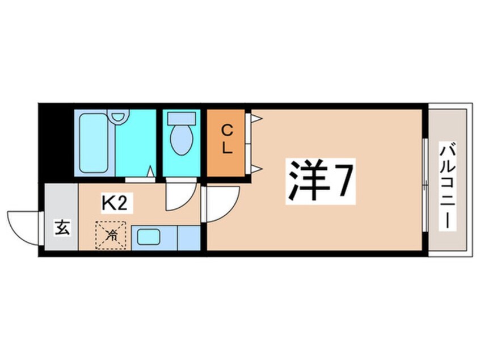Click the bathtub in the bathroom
(x=94, y=143)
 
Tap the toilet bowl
(x=182, y=140)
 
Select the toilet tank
(x=182, y=118)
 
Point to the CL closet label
(x=227, y=140)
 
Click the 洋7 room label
(x=321, y=181)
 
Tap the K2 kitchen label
(x=114, y=204)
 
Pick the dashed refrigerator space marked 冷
(x=111, y=235)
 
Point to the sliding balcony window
(x=425, y=185)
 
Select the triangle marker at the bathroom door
(x=150, y=171)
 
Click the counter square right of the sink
(x=189, y=238)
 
